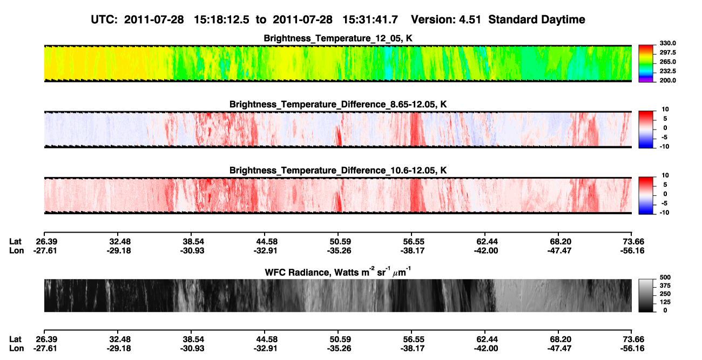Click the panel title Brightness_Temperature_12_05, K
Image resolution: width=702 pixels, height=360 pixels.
click(x=338, y=38)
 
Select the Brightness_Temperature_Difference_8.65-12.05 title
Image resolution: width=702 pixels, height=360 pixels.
click(x=338, y=104)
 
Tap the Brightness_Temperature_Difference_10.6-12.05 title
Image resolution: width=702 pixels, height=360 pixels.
click(x=338, y=171)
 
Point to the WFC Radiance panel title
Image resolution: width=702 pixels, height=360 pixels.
click(x=338, y=271)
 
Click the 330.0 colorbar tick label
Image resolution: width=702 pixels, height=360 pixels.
click(x=667, y=43)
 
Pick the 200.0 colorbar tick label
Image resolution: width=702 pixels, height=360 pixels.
click(x=667, y=80)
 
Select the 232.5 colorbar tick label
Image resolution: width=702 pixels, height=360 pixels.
click(x=667, y=71)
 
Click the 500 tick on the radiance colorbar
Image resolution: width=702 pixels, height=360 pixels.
click(x=665, y=277)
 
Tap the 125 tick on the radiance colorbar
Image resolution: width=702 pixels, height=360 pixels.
click(x=665, y=302)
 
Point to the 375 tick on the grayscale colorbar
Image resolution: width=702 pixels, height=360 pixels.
click(x=665, y=286)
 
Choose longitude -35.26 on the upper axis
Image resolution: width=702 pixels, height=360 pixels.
click(x=339, y=250)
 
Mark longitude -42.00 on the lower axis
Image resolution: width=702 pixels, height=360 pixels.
click(x=486, y=349)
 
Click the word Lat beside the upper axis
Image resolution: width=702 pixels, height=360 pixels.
click(x=15, y=242)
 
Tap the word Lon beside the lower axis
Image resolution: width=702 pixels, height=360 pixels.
click(x=16, y=349)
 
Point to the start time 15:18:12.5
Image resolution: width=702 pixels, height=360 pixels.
click(x=221, y=19)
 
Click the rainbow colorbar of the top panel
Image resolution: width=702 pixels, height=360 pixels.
click(x=646, y=64)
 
